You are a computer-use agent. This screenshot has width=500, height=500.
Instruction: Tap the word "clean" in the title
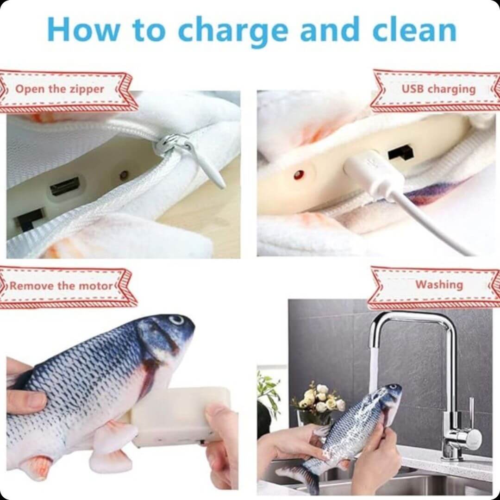pos(414,29)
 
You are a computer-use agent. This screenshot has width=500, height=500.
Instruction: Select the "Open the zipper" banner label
pos(60,89)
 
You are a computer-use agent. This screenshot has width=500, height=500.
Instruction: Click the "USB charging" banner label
pos(438,89)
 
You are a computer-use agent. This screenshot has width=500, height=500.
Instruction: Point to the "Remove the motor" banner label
pos(62,285)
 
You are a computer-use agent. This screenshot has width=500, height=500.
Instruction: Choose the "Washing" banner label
pos(439,284)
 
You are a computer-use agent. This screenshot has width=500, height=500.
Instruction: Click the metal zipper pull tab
pos(191,158)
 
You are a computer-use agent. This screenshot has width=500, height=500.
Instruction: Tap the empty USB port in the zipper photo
pos(65,186)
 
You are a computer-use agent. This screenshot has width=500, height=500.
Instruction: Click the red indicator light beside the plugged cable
pos(299,175)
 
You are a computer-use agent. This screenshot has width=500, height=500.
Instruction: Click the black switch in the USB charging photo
pos(400,153)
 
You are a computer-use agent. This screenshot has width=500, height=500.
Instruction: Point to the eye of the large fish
pos(177,320)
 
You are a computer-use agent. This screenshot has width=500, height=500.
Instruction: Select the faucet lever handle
pos(471,414)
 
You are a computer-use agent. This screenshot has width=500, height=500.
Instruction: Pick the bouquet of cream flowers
pos(319,400)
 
